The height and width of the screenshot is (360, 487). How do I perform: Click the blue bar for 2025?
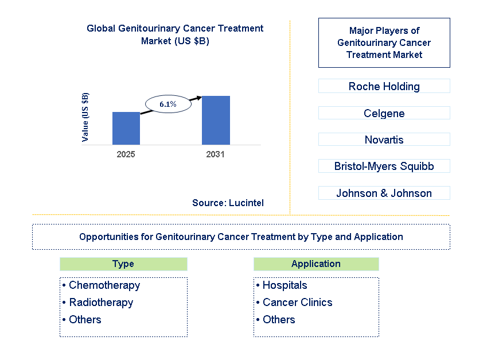point(126,129)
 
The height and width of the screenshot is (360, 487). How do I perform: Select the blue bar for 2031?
point(216,121)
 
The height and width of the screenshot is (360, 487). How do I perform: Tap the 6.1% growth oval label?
point(168,104)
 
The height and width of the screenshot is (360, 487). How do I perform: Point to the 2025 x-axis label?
point(126,154)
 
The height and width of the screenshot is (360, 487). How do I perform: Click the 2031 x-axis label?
point(215,154)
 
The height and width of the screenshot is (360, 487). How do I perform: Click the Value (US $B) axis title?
point(85,117)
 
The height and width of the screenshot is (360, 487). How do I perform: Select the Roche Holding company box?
point(384,86)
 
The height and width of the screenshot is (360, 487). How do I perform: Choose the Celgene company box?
point(384,113)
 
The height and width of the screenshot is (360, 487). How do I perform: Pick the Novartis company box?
point(384,140)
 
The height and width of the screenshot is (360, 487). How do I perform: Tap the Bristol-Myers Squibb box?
point(384,166)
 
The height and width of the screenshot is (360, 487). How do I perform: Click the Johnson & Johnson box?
point(384,193)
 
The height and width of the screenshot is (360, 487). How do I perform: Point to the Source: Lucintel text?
point(228,203)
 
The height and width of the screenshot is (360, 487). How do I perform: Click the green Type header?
point(123,264)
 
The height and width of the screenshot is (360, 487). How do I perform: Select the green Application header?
point(316,264)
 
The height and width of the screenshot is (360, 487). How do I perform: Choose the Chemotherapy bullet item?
point(102,285)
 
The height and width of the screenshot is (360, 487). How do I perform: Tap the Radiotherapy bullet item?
point(98,302)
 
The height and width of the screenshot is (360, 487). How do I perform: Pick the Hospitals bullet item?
point(282,285)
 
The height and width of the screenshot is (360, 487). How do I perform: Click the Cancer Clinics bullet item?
point(294,302)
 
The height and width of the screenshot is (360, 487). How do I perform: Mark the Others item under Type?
point(81,319)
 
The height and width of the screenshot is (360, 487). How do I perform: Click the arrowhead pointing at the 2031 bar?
point(199,98)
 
